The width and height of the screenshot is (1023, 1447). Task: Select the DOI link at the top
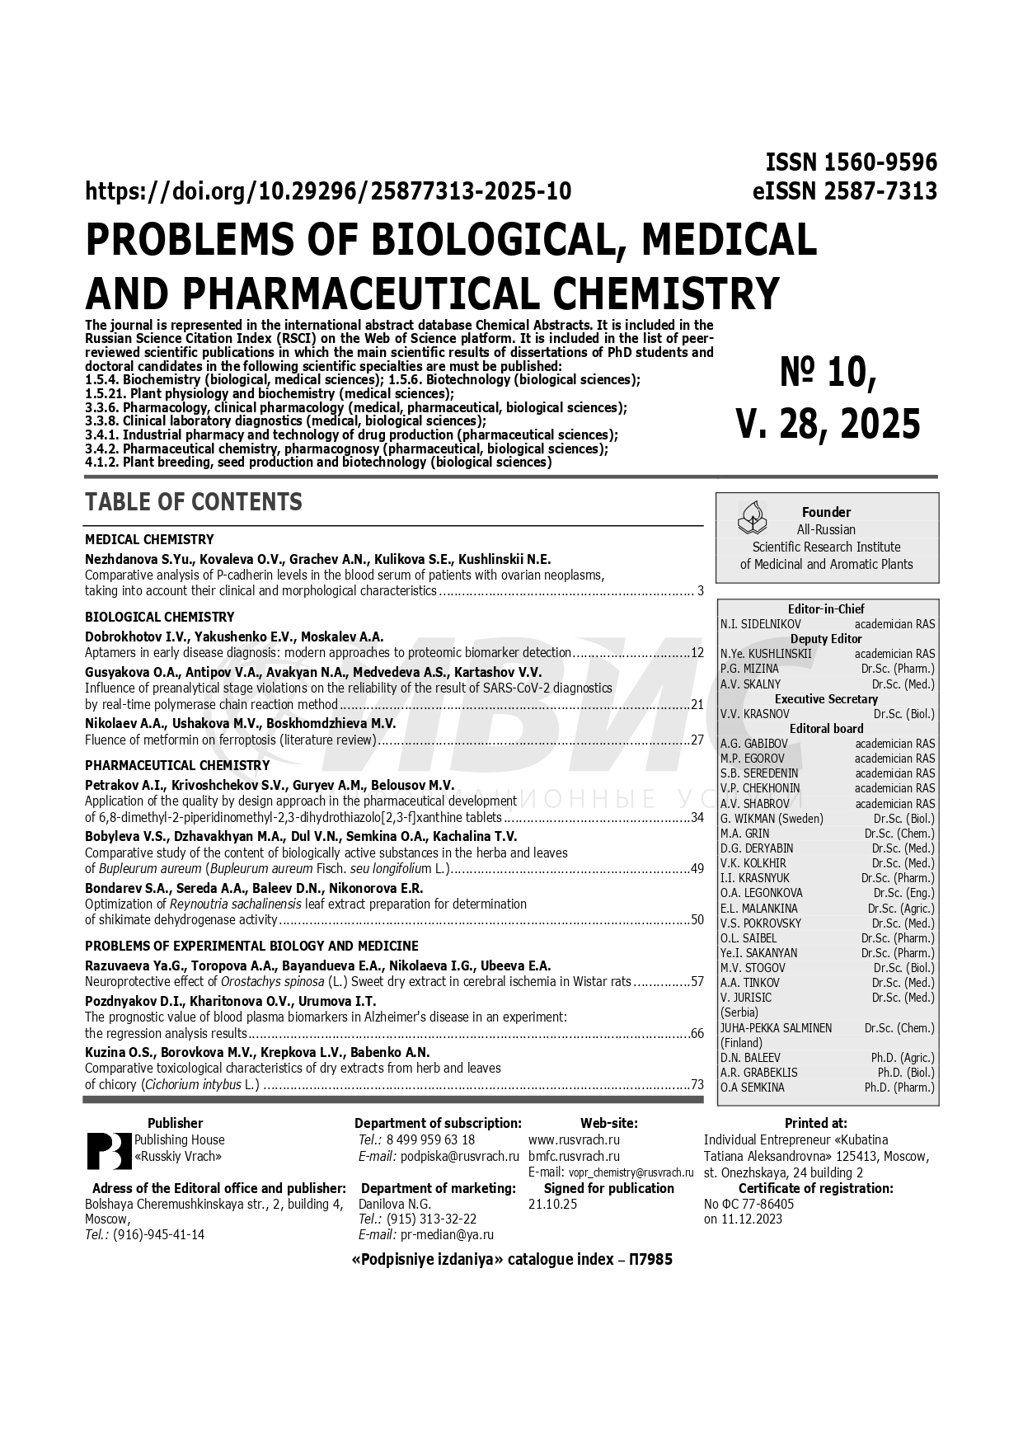tap(328, 191)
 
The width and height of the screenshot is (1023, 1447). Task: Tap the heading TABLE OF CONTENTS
tap(194, 502)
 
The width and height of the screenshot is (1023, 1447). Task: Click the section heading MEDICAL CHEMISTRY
tap(149, 540)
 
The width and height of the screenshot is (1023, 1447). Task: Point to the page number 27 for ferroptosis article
tap(697, 740)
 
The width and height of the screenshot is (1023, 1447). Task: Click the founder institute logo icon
tap(751, 518)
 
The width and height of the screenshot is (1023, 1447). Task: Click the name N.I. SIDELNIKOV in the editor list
tap(760, 624)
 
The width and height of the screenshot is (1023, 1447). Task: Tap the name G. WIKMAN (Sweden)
tap(772, 819)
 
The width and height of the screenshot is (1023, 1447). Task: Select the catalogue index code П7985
tap(650, 1260)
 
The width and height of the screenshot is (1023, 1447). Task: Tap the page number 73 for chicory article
tap(697, 1085)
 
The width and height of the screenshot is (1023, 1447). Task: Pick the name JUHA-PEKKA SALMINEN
tap(776, 1028)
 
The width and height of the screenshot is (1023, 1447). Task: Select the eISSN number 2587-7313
tap(883, 191)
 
